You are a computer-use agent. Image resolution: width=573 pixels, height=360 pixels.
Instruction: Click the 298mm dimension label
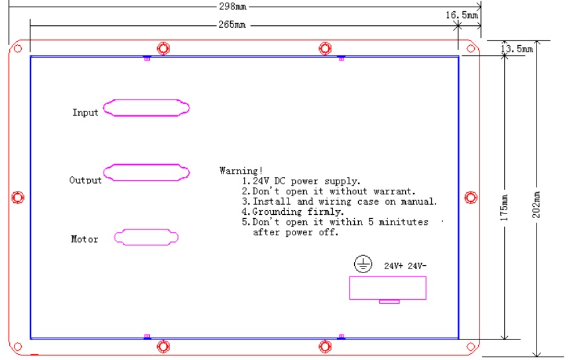(x=232, y=7)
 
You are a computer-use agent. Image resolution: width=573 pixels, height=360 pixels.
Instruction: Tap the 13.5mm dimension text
(x=517, y=48)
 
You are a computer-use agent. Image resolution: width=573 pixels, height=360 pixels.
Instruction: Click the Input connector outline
(x=147, y=109)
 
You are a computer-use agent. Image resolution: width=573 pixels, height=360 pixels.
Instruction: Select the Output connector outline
(x=147, y=172)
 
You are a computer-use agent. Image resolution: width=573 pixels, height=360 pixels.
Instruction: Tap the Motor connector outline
(x=147, y=237)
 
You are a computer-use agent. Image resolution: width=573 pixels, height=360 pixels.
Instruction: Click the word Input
(x=85, y=113)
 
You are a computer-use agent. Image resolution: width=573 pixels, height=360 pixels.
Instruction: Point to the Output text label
(x=86, y=180)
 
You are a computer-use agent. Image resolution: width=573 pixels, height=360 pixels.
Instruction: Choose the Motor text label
(x=84, y=239)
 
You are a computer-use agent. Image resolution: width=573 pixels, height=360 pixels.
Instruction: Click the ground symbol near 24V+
(x=362, y=265)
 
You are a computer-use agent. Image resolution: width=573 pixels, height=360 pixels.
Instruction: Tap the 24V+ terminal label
(x=394, y=266)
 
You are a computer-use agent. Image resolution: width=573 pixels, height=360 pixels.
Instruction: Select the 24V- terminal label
(x=417, y=266)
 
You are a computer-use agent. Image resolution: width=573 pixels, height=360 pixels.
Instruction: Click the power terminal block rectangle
(x=387, y=288)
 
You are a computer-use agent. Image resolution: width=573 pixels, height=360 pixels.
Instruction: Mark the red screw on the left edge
(x=19, y=197)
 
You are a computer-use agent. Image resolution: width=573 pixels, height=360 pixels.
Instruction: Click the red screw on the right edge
(x=470, y=197)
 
